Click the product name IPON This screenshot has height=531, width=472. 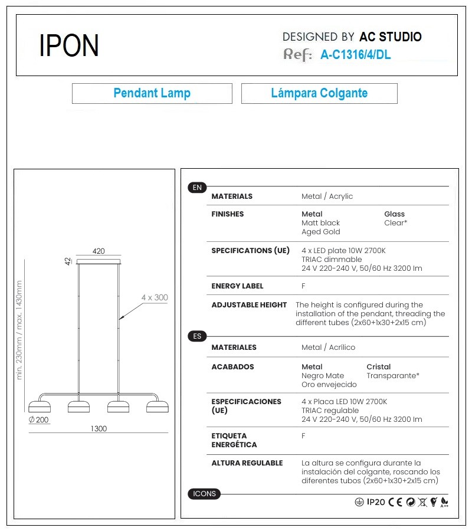[69, 45]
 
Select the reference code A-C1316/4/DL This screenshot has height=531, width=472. [355, 55]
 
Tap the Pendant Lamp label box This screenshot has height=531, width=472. [152, 93]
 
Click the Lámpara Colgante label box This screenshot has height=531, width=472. [319, 93]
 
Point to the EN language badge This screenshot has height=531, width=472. [197, 188]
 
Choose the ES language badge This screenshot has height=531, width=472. [197, 336]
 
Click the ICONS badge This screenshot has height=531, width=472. [204, 494]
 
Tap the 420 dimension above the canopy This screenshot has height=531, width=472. [99, 251]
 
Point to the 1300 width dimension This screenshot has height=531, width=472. [99, 429]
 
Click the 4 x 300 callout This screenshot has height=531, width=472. [155, 298]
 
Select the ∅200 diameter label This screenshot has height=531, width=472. [39, 420]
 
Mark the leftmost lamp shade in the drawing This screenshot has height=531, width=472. [40, 406]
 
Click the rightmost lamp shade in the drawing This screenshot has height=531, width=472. [158, 406]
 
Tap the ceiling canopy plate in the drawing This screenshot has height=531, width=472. [99, 260]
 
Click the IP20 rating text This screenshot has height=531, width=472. [376, 502]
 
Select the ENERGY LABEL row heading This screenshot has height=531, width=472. [237, 286]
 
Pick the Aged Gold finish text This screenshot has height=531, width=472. [320, 232]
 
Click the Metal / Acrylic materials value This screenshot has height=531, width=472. [327, 196]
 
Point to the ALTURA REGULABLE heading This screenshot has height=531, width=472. [247, 463]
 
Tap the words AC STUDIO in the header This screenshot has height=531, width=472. [390, 37]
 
